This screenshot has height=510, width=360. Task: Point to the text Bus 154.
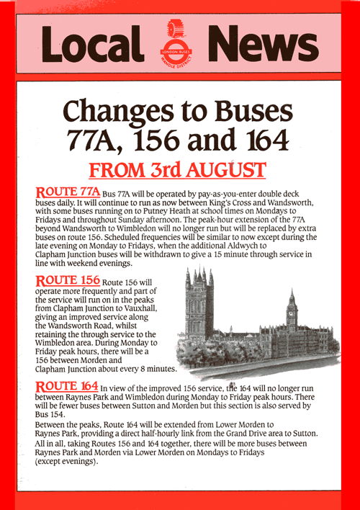point(51,417)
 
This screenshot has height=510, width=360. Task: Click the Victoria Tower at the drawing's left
point(197,310)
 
